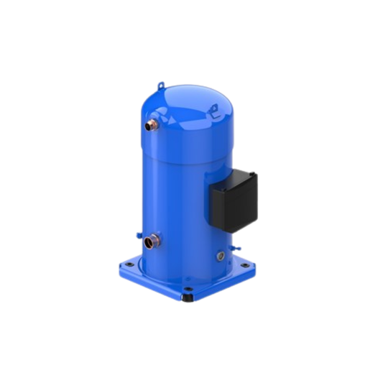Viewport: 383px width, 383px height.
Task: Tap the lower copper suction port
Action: pyautogui.click(x=149, y=240)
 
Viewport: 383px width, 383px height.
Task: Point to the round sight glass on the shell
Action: pyautogui.click(x=218, y=253)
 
